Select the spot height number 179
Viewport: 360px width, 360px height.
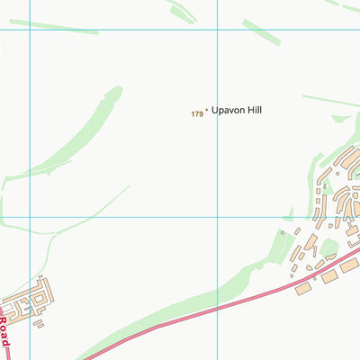[196, 113]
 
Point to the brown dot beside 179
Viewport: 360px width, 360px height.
[207, 111]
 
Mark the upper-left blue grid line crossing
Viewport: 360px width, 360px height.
[30, 30]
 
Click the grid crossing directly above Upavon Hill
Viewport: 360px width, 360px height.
[217, 30]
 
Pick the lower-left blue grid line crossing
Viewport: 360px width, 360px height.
[30, 217]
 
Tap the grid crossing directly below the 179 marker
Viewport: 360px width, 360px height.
[217, 217]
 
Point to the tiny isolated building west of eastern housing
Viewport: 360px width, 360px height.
[282, 233]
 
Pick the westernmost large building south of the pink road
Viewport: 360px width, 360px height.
[302, 288]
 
